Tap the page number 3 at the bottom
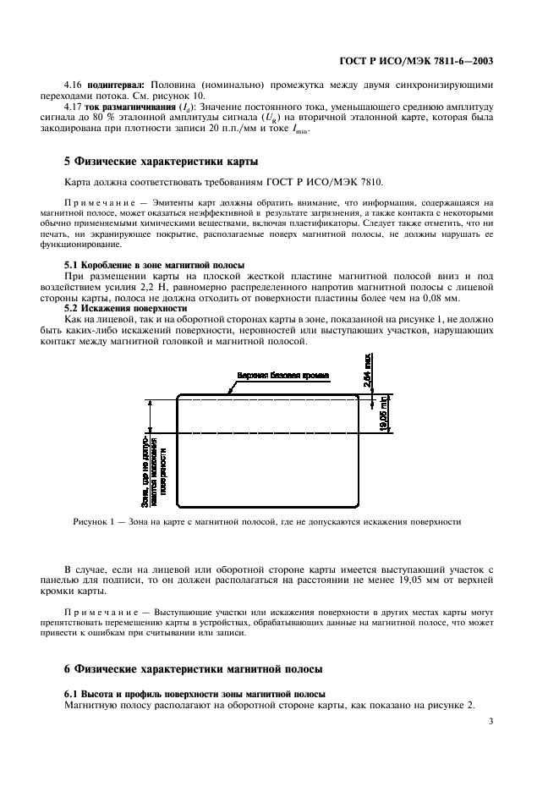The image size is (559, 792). click(491, 722)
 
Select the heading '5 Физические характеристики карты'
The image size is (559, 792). click(162, 161)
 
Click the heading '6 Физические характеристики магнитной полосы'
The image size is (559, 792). click(194, 668)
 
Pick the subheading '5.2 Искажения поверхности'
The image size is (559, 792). click(126, 309)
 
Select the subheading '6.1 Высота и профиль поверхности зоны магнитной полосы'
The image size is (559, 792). click(196, 694)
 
